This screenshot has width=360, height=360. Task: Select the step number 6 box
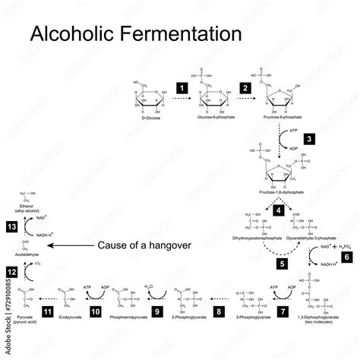[348, 257]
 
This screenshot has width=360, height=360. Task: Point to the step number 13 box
[11, 226]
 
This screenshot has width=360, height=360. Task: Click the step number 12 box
[11, 270]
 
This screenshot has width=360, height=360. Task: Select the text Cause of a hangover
[144, 245]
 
